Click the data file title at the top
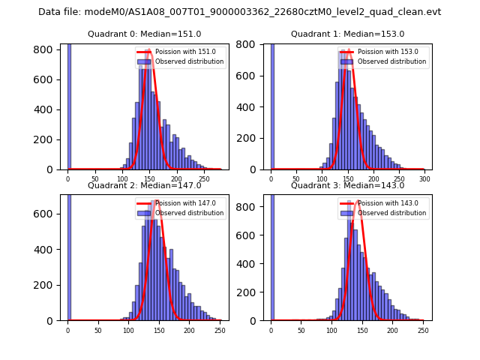click(x=240, y=12)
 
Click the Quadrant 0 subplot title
click(x=144, y=34)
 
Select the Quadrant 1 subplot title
click(x=347, y=34)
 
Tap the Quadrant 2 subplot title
click(x=144, y=185)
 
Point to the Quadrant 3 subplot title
click(x=347, y=185)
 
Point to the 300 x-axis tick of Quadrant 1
click(x=424, y=180)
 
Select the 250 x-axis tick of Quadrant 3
click(x=423, y=331)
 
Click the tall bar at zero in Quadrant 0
click(x=69, y=105)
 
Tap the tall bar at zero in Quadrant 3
click(x=272, y=255)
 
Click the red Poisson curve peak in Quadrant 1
click(x=349, y=51)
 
